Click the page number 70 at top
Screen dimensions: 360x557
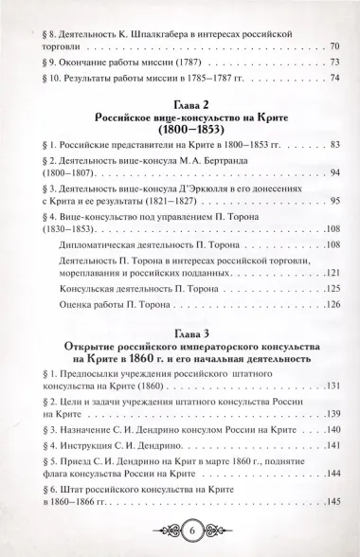click(x=334, y=46)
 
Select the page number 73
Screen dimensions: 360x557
click(x=334, y=63)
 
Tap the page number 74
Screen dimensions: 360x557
click(x=334, y=80)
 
